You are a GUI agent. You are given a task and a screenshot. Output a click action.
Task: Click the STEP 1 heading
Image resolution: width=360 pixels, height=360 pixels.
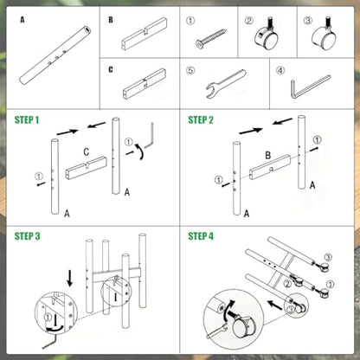point(27,119)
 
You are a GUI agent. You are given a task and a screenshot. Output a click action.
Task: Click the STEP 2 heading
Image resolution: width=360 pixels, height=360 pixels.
point(201,119)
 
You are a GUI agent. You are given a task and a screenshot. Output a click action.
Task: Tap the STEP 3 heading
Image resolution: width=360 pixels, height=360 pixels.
point(28,236)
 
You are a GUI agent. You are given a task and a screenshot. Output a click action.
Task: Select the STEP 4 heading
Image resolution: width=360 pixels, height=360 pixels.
point(201,236)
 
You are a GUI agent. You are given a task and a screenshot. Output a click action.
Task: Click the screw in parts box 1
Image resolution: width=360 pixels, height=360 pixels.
point(211,38)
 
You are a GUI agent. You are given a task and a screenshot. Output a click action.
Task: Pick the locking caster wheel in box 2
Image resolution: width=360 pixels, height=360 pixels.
point(266,38)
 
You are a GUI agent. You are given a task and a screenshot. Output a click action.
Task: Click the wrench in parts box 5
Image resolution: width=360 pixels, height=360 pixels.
point(226,83)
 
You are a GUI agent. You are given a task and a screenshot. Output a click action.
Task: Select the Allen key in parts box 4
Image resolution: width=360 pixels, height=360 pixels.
point(309,87)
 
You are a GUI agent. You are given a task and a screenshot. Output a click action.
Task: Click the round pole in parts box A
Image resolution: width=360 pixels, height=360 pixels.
point(55,55)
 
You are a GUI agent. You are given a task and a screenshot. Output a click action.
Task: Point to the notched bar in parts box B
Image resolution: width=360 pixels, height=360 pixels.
point(145,35)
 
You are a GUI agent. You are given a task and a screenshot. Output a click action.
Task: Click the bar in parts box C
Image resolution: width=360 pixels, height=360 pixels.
point(145,84)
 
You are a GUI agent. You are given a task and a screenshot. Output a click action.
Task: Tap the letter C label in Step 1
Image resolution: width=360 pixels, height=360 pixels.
point(86,151)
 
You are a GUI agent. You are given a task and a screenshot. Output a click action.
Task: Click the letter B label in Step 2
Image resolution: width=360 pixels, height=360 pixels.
point(268,156)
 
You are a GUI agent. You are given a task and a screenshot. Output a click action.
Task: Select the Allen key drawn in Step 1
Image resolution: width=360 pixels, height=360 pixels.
point(150,136)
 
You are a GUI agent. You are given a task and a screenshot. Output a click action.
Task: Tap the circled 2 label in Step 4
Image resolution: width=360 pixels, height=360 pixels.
point(287,284)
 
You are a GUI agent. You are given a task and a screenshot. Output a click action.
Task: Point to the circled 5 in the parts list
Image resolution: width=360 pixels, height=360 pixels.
point(190,70)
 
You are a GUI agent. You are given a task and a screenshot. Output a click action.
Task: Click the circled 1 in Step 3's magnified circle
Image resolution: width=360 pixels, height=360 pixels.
point(48,318)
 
